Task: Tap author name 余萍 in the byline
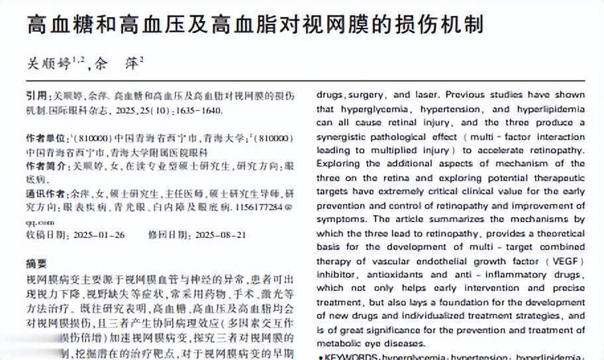coord(120,64)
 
